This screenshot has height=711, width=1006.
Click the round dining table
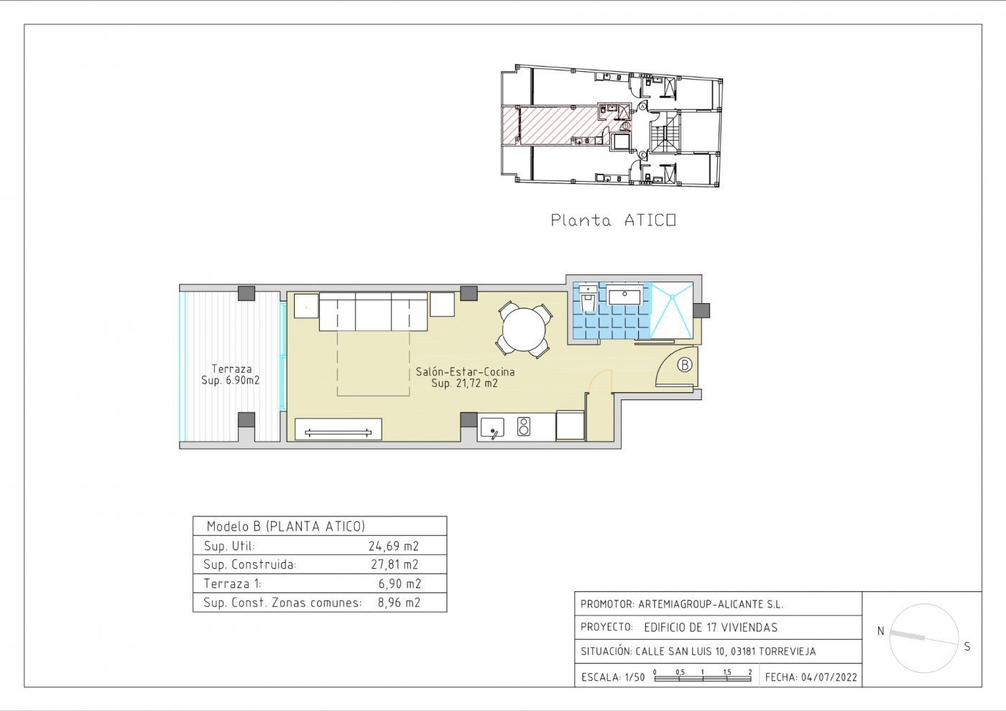click(x=524, y=330)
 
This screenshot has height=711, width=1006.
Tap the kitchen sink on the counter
click(x=492, y=427)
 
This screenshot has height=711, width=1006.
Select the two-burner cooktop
click(x=524, y=427)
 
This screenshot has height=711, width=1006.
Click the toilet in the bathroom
click(x=588, y=298)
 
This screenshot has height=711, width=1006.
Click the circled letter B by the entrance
click(x=684, y=365)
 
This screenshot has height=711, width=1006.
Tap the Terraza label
click(x=231, y=369)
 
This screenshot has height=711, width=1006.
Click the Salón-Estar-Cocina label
click(x=465, y=372)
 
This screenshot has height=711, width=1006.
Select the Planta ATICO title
click(x=613, y=220)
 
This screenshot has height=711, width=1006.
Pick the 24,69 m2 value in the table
click(x=394, y=546)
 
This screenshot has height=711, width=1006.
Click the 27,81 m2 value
click(x=394, y=564)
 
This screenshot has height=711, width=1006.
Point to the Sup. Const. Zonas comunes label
click(x=282, y=603)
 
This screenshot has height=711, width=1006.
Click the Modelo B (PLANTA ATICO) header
click(x=286, y=526)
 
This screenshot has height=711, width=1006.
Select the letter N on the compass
click(x=881, y=631)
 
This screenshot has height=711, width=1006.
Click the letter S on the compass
click(x=967, y=647)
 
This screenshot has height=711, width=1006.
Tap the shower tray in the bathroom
click(x=672, y=310)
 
